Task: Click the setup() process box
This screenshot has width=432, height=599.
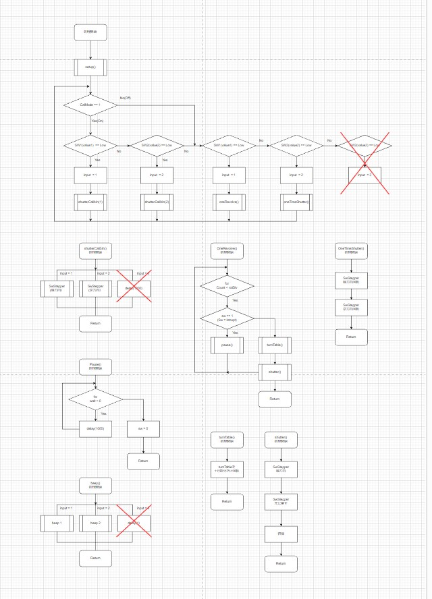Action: tap(90, 67)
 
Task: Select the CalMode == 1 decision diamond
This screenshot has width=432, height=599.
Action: tap(90, 105)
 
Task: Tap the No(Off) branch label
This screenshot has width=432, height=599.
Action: tap(126, 98)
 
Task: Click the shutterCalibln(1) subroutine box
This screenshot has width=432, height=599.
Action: tap(90, 201)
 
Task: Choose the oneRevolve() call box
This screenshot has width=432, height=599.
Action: tap(228, 201)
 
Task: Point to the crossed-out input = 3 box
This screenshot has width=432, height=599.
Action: tap(364, 175)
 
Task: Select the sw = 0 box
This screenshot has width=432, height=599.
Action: tap(143, 428)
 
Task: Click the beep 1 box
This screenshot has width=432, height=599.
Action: tap(57, 523)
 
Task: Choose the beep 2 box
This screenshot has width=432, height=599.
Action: tap(94, 523)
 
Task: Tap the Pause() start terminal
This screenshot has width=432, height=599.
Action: tap(95, 366)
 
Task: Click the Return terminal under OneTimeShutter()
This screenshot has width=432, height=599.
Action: tap(351, 337)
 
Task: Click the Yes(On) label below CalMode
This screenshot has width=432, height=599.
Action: tap(98, 121)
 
